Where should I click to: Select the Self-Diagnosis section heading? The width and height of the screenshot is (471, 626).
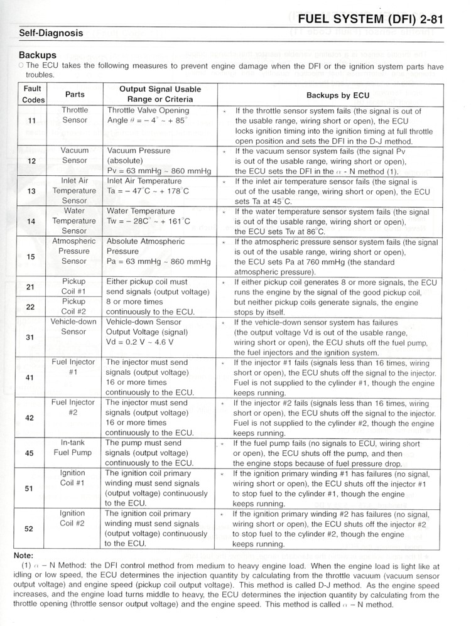[51, 33]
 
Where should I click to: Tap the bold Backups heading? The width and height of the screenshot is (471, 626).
[38, 55]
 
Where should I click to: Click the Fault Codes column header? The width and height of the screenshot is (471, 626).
[33, 95]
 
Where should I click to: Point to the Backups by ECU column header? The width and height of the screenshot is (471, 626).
[337, 95]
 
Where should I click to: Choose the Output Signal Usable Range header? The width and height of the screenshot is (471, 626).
[160, 95]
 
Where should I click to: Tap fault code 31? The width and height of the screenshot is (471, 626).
[30, 337]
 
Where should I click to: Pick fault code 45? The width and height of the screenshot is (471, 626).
[30, 453]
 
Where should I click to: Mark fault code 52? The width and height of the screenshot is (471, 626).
[29, 529]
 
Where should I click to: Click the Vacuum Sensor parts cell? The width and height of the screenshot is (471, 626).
[75, 156]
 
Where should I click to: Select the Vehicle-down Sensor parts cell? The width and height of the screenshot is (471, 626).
[74, 326]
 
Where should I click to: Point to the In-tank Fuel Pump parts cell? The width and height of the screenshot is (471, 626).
[73, 448]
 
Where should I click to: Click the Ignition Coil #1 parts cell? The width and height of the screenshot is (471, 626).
[72, 478]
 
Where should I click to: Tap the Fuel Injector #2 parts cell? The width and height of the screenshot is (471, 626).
[73, 407]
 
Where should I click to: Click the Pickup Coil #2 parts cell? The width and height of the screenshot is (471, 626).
[73, 306]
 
